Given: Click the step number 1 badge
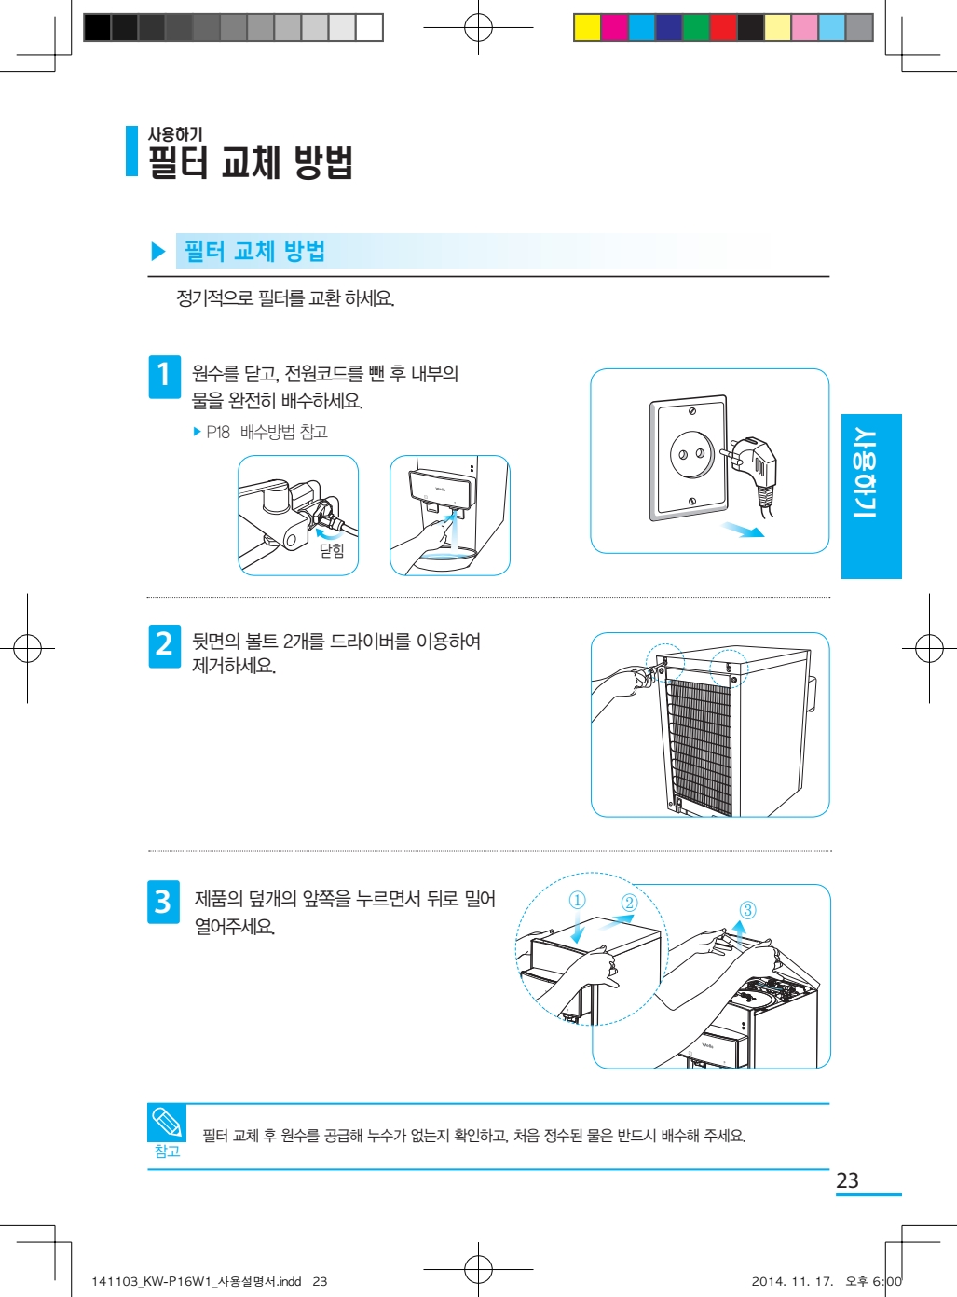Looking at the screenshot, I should pyautogui.click(x=164, y=376).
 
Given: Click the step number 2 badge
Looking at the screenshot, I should pyautogui.click(x=164, y=645).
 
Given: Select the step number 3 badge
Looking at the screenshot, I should pyautogui.click(x=163, y=902).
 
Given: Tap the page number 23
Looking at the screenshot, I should pyautogui.click(x=847, y=1180).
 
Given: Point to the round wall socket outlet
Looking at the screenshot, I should pyautogui.click(x=691, y=454).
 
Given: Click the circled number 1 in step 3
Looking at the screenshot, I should pyautogui.click(x=578, y=900).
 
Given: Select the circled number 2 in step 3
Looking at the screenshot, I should pyautogui.click(x=629, y=902).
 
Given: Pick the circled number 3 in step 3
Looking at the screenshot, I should pyautogui.click(x=747, y=910).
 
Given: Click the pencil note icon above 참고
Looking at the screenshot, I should pyautogui.click(x=167, y=1122).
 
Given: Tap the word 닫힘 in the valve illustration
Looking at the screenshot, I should pyautogui.click(x=332, y=550).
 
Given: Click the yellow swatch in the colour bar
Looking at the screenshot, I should pyautogui.click(x=587, y=28).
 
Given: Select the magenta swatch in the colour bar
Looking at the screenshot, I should pyautogui.click(x=614, y=28).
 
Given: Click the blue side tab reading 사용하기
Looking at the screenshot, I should pyautogui.click(x=871, y=496).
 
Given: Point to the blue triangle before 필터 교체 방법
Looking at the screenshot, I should pyautogui.click(x=158, y=252).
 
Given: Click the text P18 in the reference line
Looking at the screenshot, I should pyautogui.click(x=218, y=432).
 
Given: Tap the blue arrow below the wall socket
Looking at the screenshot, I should pyautogui.click(x=742, y=530).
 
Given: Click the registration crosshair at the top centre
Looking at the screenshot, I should pyautogui.click(x=478, y=28).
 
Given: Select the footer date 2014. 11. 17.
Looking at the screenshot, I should pyautogui.click(x=792, y=1281).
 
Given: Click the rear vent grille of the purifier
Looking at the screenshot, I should pyautogui.click(x=701, y=745).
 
